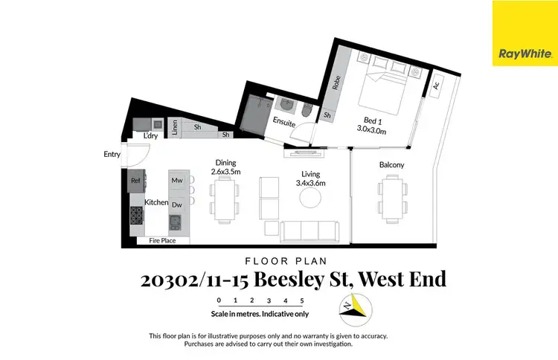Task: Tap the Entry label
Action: click(x=112, y=155)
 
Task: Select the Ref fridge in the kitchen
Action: click(x=135, y=181)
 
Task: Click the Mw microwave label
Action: click(x=177, y=181)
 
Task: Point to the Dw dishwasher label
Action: click(x=177, y=205)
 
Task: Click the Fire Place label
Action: click(x=161, y=241)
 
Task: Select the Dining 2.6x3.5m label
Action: click(x=225, y=167)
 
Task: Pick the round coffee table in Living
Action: click(x=310, y=197)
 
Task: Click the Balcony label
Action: click(x=391, y=164)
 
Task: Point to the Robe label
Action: click(x=336, y=83)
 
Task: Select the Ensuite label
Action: click(x=284, y=120)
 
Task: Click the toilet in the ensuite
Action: click(x=307, y=111)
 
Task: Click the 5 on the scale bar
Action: click(x=302, y=300)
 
